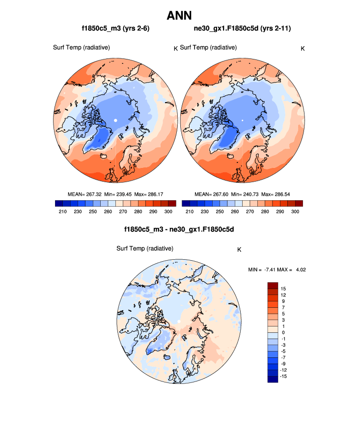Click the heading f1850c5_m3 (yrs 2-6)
pyautogui.click(x=115, y=29)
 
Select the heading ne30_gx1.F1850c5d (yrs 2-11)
pyautogui.click(x=243, y=29)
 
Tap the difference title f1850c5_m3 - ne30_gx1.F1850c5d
pyautogui.click(x=180, y=229)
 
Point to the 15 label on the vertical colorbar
pyautogui.click(x=283, y=288)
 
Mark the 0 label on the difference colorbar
pyautogui.click(x=282, y=332)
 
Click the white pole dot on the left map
pyautogui.click(x=115, y=120)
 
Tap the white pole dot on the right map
pyautogui.click(x=242, y=120)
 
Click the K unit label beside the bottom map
pyautogui.click(x=239, y=250)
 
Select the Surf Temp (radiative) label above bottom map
pyautogui.click(x=145, y=248)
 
